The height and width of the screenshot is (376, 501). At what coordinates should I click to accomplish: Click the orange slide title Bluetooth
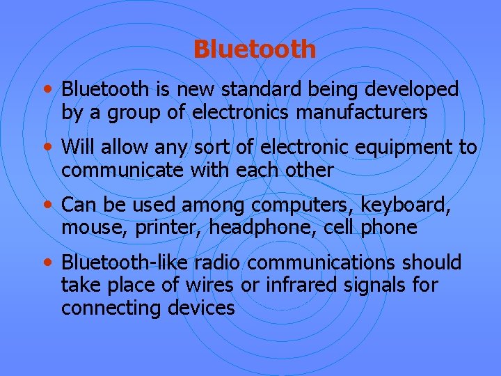pos(254,49)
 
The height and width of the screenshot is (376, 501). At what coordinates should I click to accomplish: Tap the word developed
pos(417,89)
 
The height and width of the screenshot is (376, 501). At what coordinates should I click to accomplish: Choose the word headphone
pos(262,228)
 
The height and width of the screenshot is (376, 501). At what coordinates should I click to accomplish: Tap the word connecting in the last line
pos(112,308)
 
